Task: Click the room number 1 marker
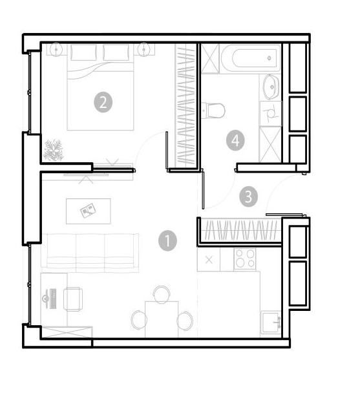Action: [x=167, y=241]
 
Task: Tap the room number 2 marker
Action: [x=103, y=102]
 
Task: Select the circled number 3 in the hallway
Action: [x=248, y=197]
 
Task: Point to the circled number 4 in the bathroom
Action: [x=235, y=141]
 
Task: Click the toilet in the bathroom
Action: [x=213, y=111]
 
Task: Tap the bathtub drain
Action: [x=270, y=58]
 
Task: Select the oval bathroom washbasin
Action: [x=271, y=87]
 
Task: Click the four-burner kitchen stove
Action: [x=245, y=259]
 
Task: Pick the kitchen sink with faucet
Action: [x=271, y=323]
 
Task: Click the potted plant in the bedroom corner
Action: [x=54, y=150]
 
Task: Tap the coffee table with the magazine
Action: [x=89, y=211]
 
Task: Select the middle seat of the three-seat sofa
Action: [x=90, y=253]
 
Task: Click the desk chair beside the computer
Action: [x=73, y=299]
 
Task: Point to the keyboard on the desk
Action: [x=53, y=299]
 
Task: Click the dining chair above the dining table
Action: [x=162, y=295]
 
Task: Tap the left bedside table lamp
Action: [x=56, y=49]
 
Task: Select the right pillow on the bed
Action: [x=116, y=52]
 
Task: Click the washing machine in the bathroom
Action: [x=271, y=113]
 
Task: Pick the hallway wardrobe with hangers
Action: [x=240, y=230]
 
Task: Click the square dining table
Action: [x=162, y=319]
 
